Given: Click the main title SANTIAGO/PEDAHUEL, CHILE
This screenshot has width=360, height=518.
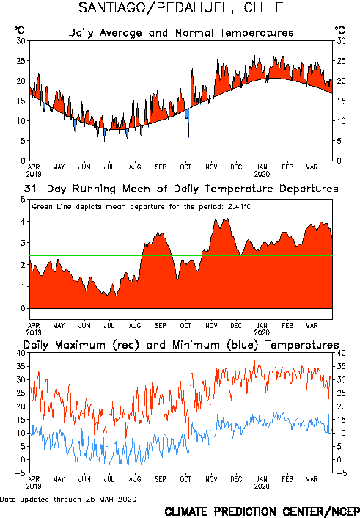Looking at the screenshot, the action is click(181, 7).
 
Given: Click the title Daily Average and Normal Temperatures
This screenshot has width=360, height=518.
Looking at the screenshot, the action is click(181, 33).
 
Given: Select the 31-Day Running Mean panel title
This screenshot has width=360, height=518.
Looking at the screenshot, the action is click(181, 189).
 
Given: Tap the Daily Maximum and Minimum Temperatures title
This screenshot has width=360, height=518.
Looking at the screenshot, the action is click(181, 346).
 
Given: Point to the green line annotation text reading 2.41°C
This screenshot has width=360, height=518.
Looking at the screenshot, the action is click(240, 207).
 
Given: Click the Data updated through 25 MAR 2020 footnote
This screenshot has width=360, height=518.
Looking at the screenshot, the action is click(68, 499).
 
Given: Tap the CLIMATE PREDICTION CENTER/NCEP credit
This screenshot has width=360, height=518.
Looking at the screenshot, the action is click(262, 511).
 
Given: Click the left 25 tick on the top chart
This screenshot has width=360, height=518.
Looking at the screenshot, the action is click(21, 61).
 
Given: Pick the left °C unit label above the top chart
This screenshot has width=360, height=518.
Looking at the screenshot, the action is click(19, 30).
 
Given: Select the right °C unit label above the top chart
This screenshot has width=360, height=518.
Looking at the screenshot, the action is click(340, 30).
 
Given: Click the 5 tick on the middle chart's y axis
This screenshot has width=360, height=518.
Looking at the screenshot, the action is click(23, 200).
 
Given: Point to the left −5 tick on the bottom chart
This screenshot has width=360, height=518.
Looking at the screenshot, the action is click(20, 473).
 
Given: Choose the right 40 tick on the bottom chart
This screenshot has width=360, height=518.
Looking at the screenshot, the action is click(341, 353).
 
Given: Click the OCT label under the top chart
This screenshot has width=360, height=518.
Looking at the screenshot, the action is click(185, 167).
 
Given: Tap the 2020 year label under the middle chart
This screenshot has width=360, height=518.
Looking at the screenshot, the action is click(262, 332).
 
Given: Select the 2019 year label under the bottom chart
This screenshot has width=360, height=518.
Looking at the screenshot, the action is click(34, 486).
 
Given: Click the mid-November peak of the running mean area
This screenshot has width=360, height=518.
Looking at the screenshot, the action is click(227, 219).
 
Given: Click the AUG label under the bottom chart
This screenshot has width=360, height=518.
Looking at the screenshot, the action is click(135, 479).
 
